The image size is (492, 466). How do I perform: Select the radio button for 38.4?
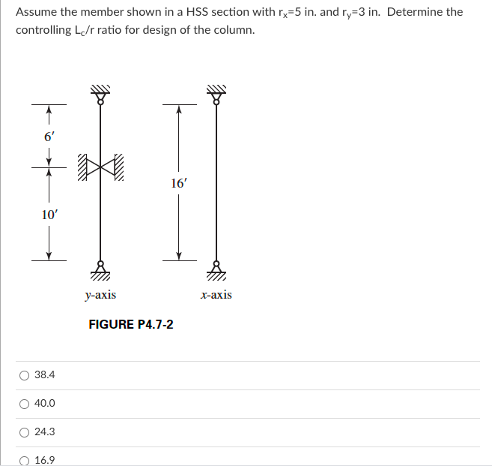click(25, 374)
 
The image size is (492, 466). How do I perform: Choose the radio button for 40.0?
click(25, 403)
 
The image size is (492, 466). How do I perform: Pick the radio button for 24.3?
click(25, 431)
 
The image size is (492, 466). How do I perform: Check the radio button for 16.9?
click(25, 460)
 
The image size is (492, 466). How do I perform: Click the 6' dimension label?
click(49, 137)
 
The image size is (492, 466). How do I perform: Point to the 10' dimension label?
click(49, 215)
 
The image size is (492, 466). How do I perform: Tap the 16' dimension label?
click(178, 182)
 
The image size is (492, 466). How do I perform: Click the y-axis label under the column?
click(100, 295)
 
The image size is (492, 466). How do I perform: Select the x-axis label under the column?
click(216, 295)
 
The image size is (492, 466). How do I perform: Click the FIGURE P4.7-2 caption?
click(131, 324)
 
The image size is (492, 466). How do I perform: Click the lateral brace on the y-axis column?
click(99, 170)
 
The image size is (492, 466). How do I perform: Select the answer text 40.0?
click(45, 404)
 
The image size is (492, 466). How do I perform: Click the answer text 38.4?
click(45, 374)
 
